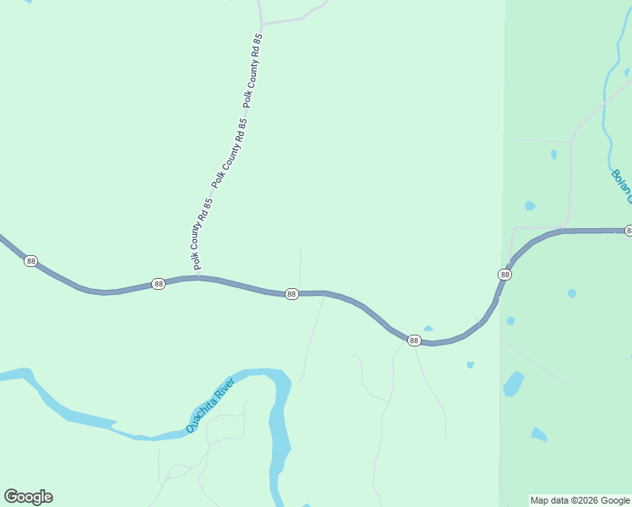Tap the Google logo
coord(28,497)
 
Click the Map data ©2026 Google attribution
coord(580,500)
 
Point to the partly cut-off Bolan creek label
coord(621,186)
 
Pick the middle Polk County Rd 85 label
coord(231,153)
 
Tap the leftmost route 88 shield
coord(31,261)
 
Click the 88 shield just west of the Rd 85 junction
coord(159,284)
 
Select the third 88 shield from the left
coord(291,294)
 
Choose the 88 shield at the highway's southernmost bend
coord(414,340)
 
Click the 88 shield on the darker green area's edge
coord(504,275)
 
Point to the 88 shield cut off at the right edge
coord(628,231)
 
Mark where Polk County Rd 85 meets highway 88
coord(199,277)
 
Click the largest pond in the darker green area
coord(514,384)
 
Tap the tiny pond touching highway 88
coord(428,329)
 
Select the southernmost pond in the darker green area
coord(538,434)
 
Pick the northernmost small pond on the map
coord(553,155)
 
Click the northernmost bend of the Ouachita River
coord(264,373)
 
